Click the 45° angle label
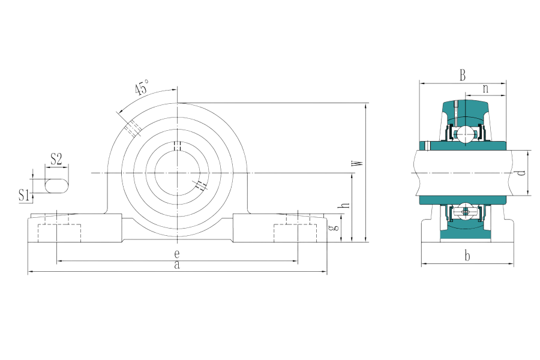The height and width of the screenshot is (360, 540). click(x=142, y=87)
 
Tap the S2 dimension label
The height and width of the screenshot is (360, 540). click(x=56, y=159)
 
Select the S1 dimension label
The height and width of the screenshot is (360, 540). click(x=23, y=196)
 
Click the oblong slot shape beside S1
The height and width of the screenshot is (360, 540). click(x=57, y=185)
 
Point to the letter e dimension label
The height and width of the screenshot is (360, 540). click(x=176, y=254)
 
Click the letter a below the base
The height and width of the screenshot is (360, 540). click(x=176, y=265)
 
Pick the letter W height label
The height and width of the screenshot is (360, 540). click(x=359, y=163)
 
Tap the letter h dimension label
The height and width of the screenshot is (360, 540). click(x=345, y=205)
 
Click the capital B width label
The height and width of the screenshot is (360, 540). click(x=463, y=75)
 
